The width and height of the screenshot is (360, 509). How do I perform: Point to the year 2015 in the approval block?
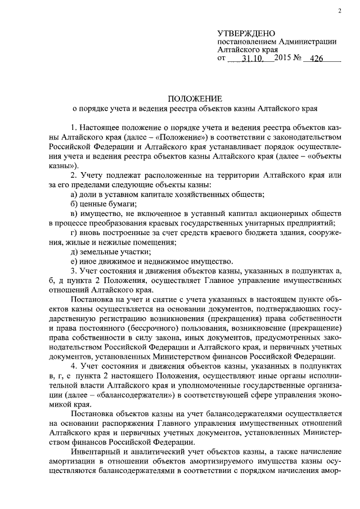(x=285, y=58)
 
